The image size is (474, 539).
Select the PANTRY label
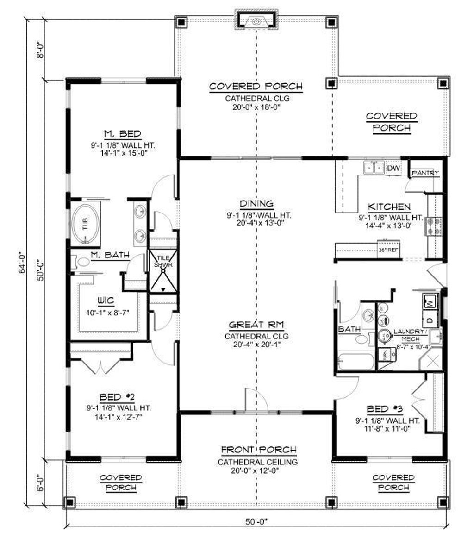click(x=425, y=173)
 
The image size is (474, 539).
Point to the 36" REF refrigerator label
click(x=388, y=250)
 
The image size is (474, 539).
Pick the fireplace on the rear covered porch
click(x=257, y=20)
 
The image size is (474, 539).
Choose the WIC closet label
click(x=106, y=300)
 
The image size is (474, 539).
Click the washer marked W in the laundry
click(x=429, y=301)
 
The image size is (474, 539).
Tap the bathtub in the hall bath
click(x=355, y=361)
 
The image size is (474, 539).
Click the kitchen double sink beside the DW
click(x=374, y=167)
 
